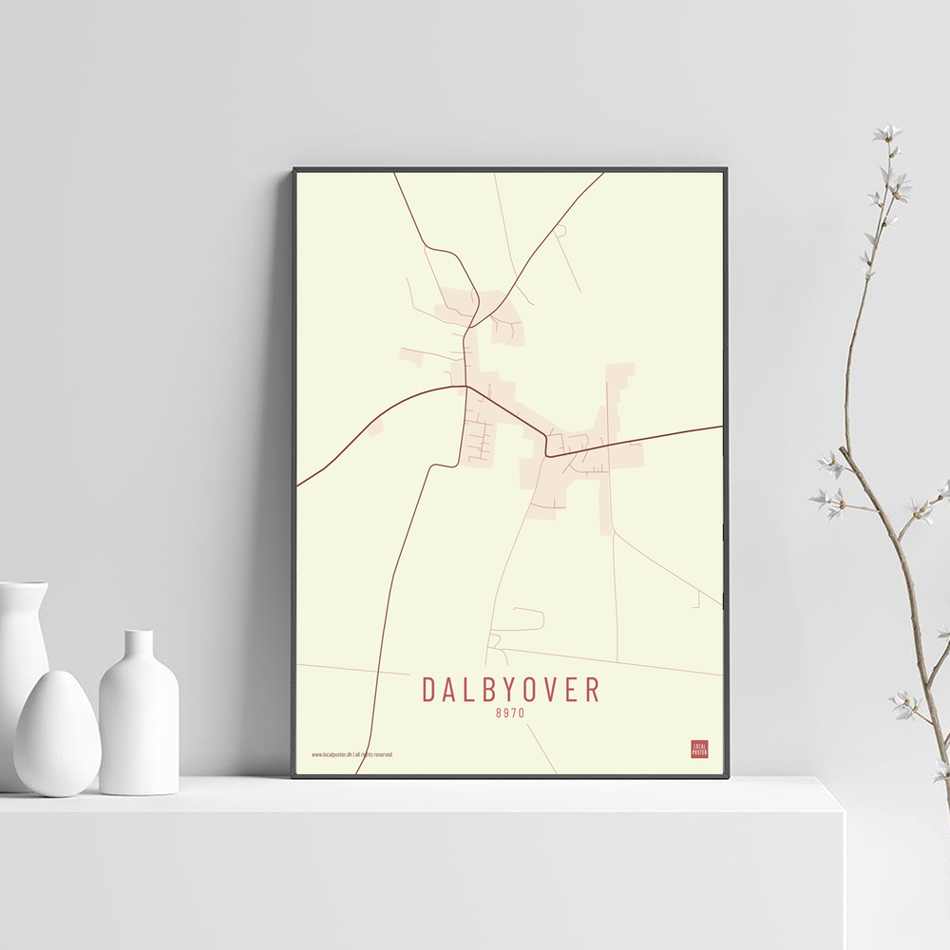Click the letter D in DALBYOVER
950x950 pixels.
click(x=429, y=689)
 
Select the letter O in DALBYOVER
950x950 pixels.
click(x=525, y=689)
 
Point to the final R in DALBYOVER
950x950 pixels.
click(x=594, y=689)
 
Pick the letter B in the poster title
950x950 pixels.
click(x=483, y=689)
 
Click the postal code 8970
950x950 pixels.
click(x=510, y=712)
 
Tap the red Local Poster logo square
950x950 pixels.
click(x=699, y=749)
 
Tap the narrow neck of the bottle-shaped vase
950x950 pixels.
click(x=140, y=646)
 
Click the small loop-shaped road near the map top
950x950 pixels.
click(x=560, y=230)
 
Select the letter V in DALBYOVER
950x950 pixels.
click(x=548, y=689)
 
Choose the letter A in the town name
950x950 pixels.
click(x=447, y=689)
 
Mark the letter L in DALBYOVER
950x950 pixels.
click(x=465, y=689)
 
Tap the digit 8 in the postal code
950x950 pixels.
click(x=499, y=712)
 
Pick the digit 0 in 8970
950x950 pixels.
click(x=522, y=712)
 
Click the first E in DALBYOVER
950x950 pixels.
click(x=571, y=689)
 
